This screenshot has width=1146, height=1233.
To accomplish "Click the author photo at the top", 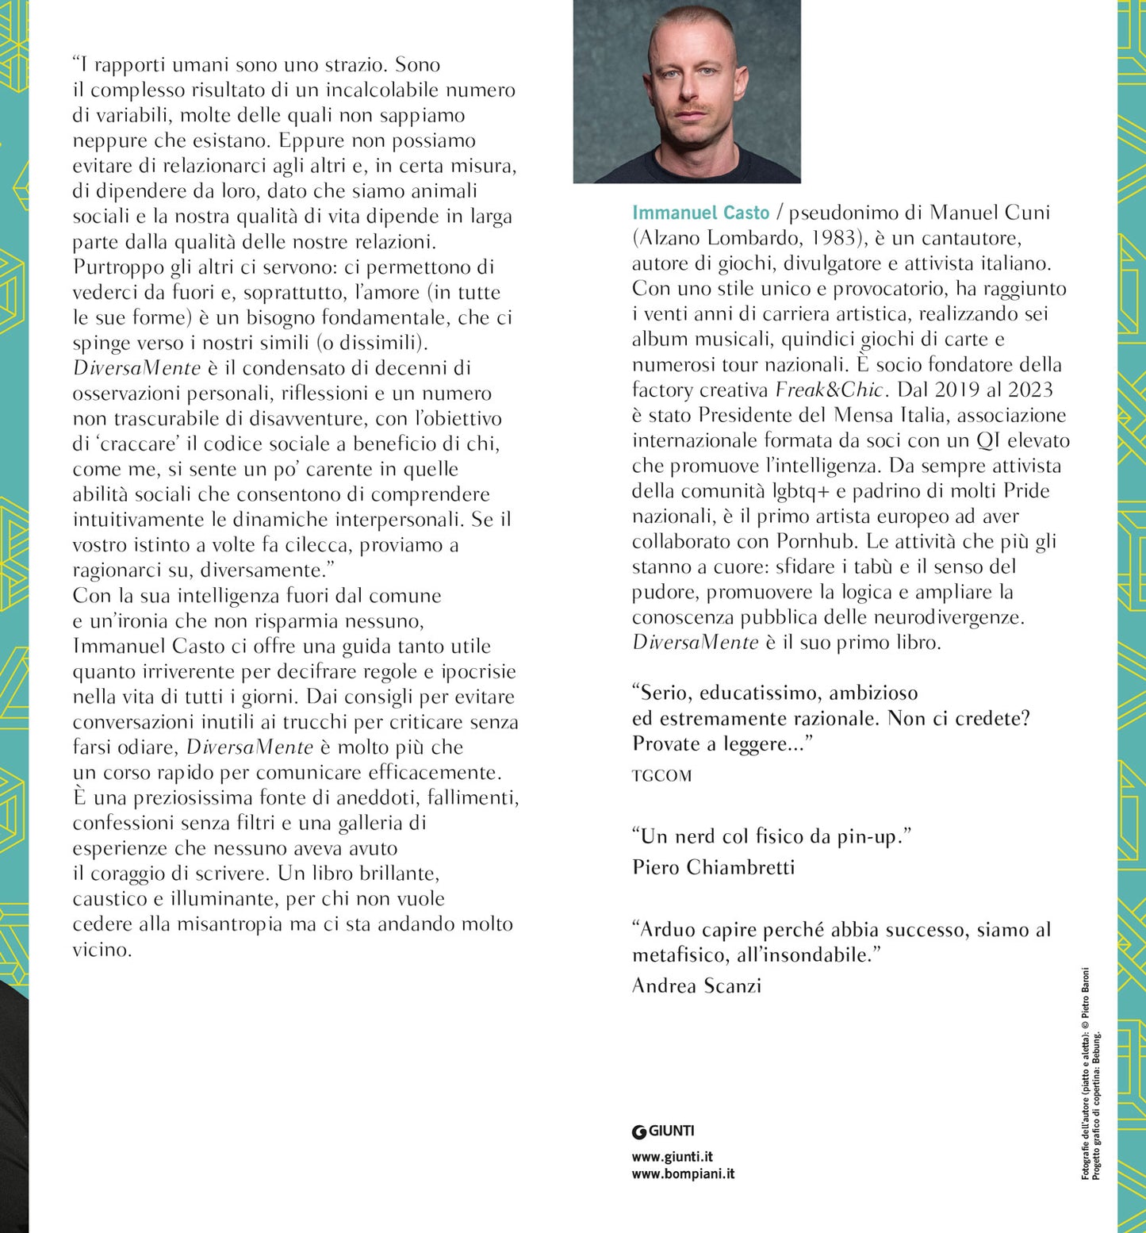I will (687, 91).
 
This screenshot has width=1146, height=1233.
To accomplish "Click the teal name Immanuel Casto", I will (700, 213).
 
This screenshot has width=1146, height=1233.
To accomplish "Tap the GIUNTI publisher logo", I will (663, 1131).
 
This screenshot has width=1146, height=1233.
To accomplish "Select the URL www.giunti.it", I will (672, 1157).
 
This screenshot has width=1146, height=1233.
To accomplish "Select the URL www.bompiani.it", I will (683, 1173).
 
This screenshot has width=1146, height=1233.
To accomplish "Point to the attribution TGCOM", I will (661, 776).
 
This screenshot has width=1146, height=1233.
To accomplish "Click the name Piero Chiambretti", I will (713, 867).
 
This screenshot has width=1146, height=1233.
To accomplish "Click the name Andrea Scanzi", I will (696, 985).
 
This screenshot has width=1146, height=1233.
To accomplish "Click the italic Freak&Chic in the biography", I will (829, 390).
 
